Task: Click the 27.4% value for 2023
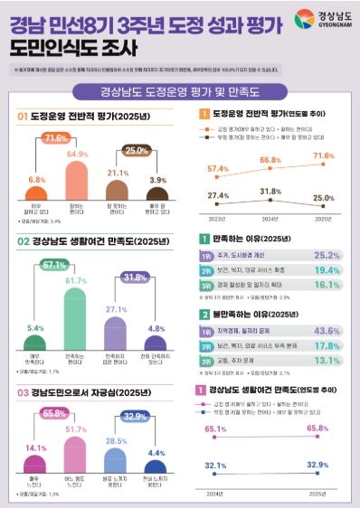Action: [217, 195]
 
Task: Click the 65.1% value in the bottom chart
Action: [215, 428]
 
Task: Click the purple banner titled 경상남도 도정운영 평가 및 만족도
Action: [179, 90]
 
